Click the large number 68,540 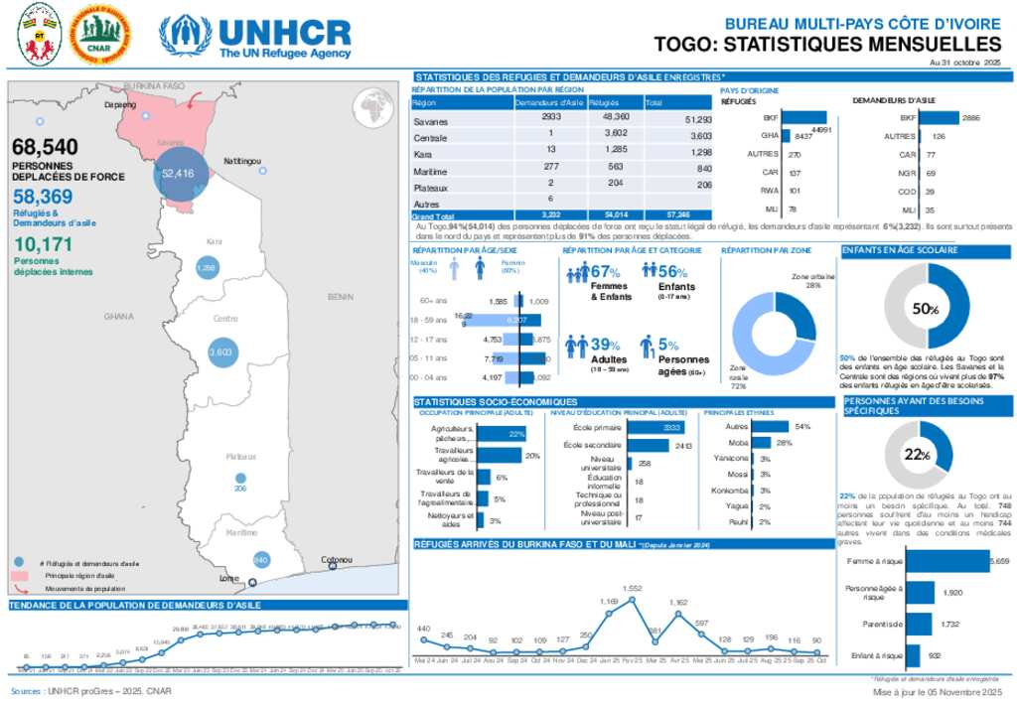[x=46, y=147]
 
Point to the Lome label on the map [x=228, y=577]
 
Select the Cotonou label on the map [x=338, y=560]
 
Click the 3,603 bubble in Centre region [x=219, y=352]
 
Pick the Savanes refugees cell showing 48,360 [x=609, y=120]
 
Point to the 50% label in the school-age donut [x=926, y=310]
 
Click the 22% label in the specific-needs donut [x=917, y=455]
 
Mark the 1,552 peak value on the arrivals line [x=633, y=589]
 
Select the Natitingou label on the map [x=242, y=161]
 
